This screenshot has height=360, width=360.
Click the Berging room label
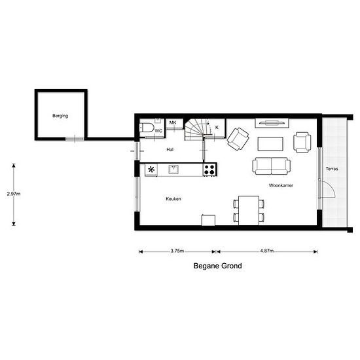click(x=60, y=116)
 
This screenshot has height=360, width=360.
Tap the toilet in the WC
click(x=147, y=128)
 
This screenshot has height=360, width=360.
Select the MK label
click(x=173, y=122)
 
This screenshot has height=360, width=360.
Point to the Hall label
click(x=170, y=149)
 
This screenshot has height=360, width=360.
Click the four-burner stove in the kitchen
click(x=210, y=170)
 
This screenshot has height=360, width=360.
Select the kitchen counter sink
click(x=173, y=170)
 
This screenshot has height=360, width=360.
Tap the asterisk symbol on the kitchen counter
click(x=151, y=170)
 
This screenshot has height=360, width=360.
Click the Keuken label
click(x=173, y=198)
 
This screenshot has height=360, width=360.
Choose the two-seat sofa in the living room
click(x=272, y=166)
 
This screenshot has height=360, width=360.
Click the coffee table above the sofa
click(x=270, y=144)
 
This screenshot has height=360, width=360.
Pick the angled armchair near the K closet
click(x=238, y=139)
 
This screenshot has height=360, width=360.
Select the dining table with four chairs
click(x=249, y=211)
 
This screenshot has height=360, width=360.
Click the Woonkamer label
click(x=281, y=185)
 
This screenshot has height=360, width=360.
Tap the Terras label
click(x=332, y=169)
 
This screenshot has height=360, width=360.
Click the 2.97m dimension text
click(x=14, y=194)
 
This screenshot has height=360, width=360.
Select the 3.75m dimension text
click(x=177, y=251)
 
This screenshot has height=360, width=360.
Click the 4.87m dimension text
click(x=267, y=251)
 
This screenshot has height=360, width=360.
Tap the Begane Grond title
click(x=218, y=266)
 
